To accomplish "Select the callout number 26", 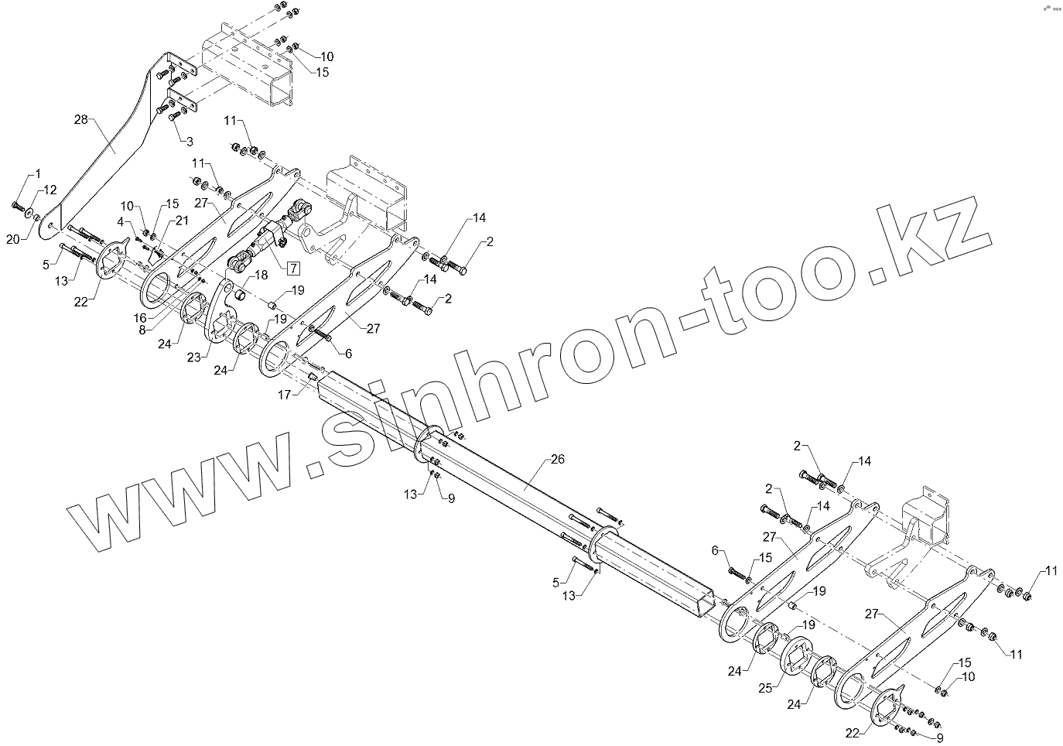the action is (x=557, y=459).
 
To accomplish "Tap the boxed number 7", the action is (x=294, y=269).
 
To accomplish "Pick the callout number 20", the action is (x=12, y=240).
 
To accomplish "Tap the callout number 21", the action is (x=181, y=221).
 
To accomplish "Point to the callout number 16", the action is (x=140, y=317).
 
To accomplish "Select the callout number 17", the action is (x=285, y=395).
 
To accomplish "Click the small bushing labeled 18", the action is (x=240, y=295).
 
